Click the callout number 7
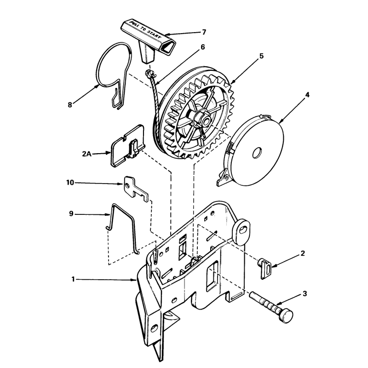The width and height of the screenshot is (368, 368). (x=204, y=32)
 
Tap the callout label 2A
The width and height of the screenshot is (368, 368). (x=86, y=154)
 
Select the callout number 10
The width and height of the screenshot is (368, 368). (x=70, y=182)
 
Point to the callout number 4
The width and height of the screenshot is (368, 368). (x=307, y=95)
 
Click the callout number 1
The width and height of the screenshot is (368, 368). (x=73, y=279)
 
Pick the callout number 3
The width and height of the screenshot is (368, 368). (x=305, y=293)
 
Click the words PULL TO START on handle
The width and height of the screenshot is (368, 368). (x=145, y=31)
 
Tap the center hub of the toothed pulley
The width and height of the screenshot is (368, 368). (x=205, y=119)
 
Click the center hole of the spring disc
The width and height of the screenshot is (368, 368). (x=257, y=153)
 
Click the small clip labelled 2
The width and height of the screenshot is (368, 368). (x=265, y=268)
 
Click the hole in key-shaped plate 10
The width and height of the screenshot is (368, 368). (x=127, y=186)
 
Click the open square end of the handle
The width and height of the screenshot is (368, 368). (x=167, y=46)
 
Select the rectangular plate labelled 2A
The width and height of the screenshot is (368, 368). (x=128, y=146)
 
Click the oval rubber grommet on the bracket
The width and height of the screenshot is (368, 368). (x=241, y=231)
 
